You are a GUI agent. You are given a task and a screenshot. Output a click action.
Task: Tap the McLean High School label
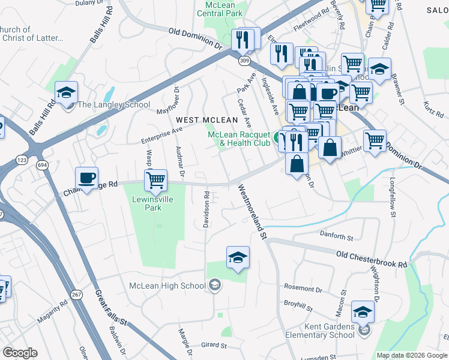[167, 286]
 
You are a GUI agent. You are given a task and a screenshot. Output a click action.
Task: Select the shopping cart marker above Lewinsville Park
[155, 179]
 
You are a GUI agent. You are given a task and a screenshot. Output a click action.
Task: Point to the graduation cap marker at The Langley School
[67, 92]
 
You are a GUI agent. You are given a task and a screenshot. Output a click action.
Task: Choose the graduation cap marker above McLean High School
[238, 257]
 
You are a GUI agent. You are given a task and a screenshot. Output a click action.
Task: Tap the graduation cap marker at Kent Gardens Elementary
[363, 312]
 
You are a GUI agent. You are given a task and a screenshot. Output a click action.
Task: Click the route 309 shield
[243, 61]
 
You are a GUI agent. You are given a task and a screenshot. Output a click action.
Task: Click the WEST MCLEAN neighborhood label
[203, 120]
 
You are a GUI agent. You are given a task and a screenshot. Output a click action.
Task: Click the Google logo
[20, 353]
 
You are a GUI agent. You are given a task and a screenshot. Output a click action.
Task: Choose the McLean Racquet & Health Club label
[240, 139]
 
